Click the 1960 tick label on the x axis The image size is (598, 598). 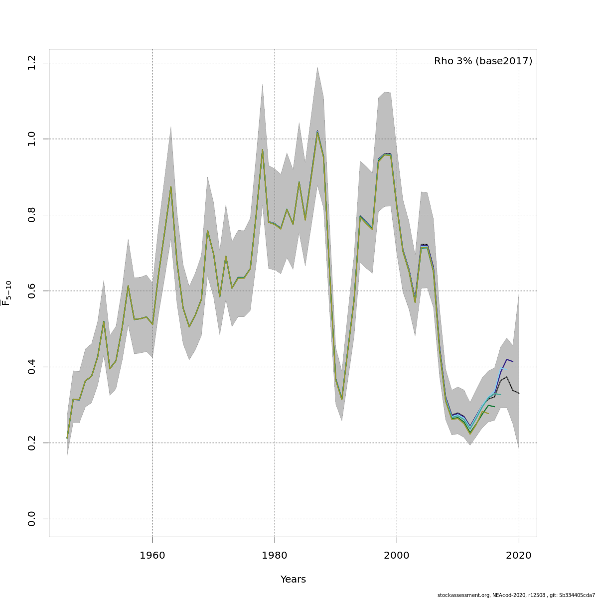[152, 555]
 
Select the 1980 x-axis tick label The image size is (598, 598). [275, 555]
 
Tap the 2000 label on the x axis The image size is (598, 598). [397, 555]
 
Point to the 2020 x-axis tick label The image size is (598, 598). [519, 555]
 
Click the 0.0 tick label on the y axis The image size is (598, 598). [32, 519]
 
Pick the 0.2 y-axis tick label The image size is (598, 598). [32, 443]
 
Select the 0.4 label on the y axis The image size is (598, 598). [32, 367]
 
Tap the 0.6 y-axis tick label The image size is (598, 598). [32, 291]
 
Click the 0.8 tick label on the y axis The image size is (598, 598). [32, 215]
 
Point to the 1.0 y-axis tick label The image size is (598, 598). [32, 139]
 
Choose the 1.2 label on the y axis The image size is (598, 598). [32, 63]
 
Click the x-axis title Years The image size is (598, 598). [293, 580]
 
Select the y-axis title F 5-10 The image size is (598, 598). [7, 293]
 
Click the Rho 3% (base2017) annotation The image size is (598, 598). [483, 61]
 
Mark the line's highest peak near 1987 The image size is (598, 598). [317, 132]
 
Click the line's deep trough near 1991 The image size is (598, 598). [342, 400]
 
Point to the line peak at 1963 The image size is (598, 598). [171, 187]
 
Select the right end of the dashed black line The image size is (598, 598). [519, 393]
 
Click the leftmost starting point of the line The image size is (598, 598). [67, 438]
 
